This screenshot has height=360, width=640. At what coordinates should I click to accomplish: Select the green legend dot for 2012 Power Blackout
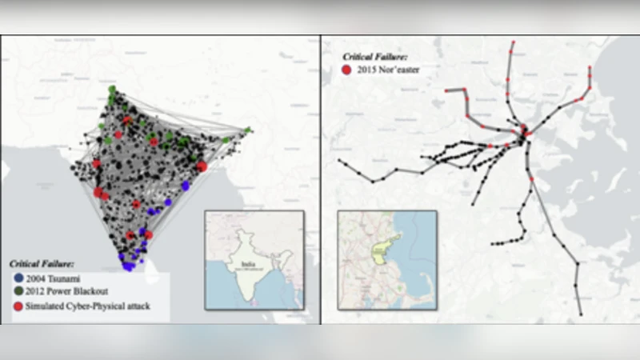pos(18,290)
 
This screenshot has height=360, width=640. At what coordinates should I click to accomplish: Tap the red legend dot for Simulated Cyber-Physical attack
pos(18,307)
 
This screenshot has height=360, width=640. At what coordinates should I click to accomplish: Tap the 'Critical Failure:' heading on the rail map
pos(376,57)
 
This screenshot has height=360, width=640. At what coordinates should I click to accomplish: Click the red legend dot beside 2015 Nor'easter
pos(346,70)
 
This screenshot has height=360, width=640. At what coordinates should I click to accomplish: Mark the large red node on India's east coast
pos(201,166)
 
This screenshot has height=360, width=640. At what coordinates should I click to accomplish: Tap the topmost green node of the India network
pos(112,89)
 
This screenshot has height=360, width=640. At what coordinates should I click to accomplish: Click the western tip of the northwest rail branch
pos(446,92)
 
